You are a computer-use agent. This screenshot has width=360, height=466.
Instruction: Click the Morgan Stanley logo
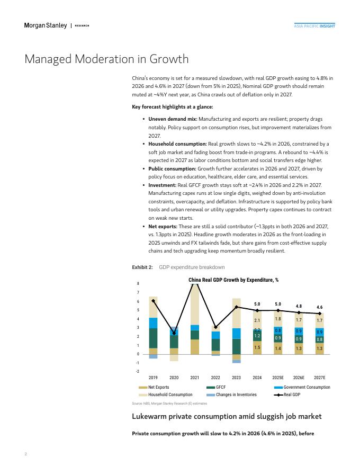tap(46, 25)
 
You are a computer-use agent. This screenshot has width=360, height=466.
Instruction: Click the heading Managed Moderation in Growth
tap(106, 59)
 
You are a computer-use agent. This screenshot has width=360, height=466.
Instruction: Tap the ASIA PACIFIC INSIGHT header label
tap(314, 26)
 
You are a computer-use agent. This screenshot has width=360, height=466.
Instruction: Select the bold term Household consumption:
tap(177, 144)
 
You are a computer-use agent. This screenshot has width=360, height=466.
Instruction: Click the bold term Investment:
tap(162, 185)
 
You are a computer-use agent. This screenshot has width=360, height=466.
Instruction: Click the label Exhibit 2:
tap(142, 267)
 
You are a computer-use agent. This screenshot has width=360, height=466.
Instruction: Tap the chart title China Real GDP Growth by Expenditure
tap(233, 280)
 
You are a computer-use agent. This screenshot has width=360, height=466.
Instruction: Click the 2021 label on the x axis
tap(195, 378)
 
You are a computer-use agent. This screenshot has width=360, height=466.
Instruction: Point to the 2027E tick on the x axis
tap(319, 378)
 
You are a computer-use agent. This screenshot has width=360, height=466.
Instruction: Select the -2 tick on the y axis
tap(138, 372)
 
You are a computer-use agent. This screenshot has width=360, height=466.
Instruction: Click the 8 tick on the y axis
tap(138, 284)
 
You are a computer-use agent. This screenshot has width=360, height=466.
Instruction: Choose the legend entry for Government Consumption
tap(302, 388)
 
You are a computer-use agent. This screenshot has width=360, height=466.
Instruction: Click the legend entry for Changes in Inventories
tap(232, 395)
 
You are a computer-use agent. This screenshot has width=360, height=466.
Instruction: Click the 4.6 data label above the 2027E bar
tap(319, 307)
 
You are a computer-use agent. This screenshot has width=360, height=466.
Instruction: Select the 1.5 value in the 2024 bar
tap(257, 348)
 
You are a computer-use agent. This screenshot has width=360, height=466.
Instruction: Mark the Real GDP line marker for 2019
tap(153, 300)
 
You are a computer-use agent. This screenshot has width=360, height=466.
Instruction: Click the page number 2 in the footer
tap(25, 454)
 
